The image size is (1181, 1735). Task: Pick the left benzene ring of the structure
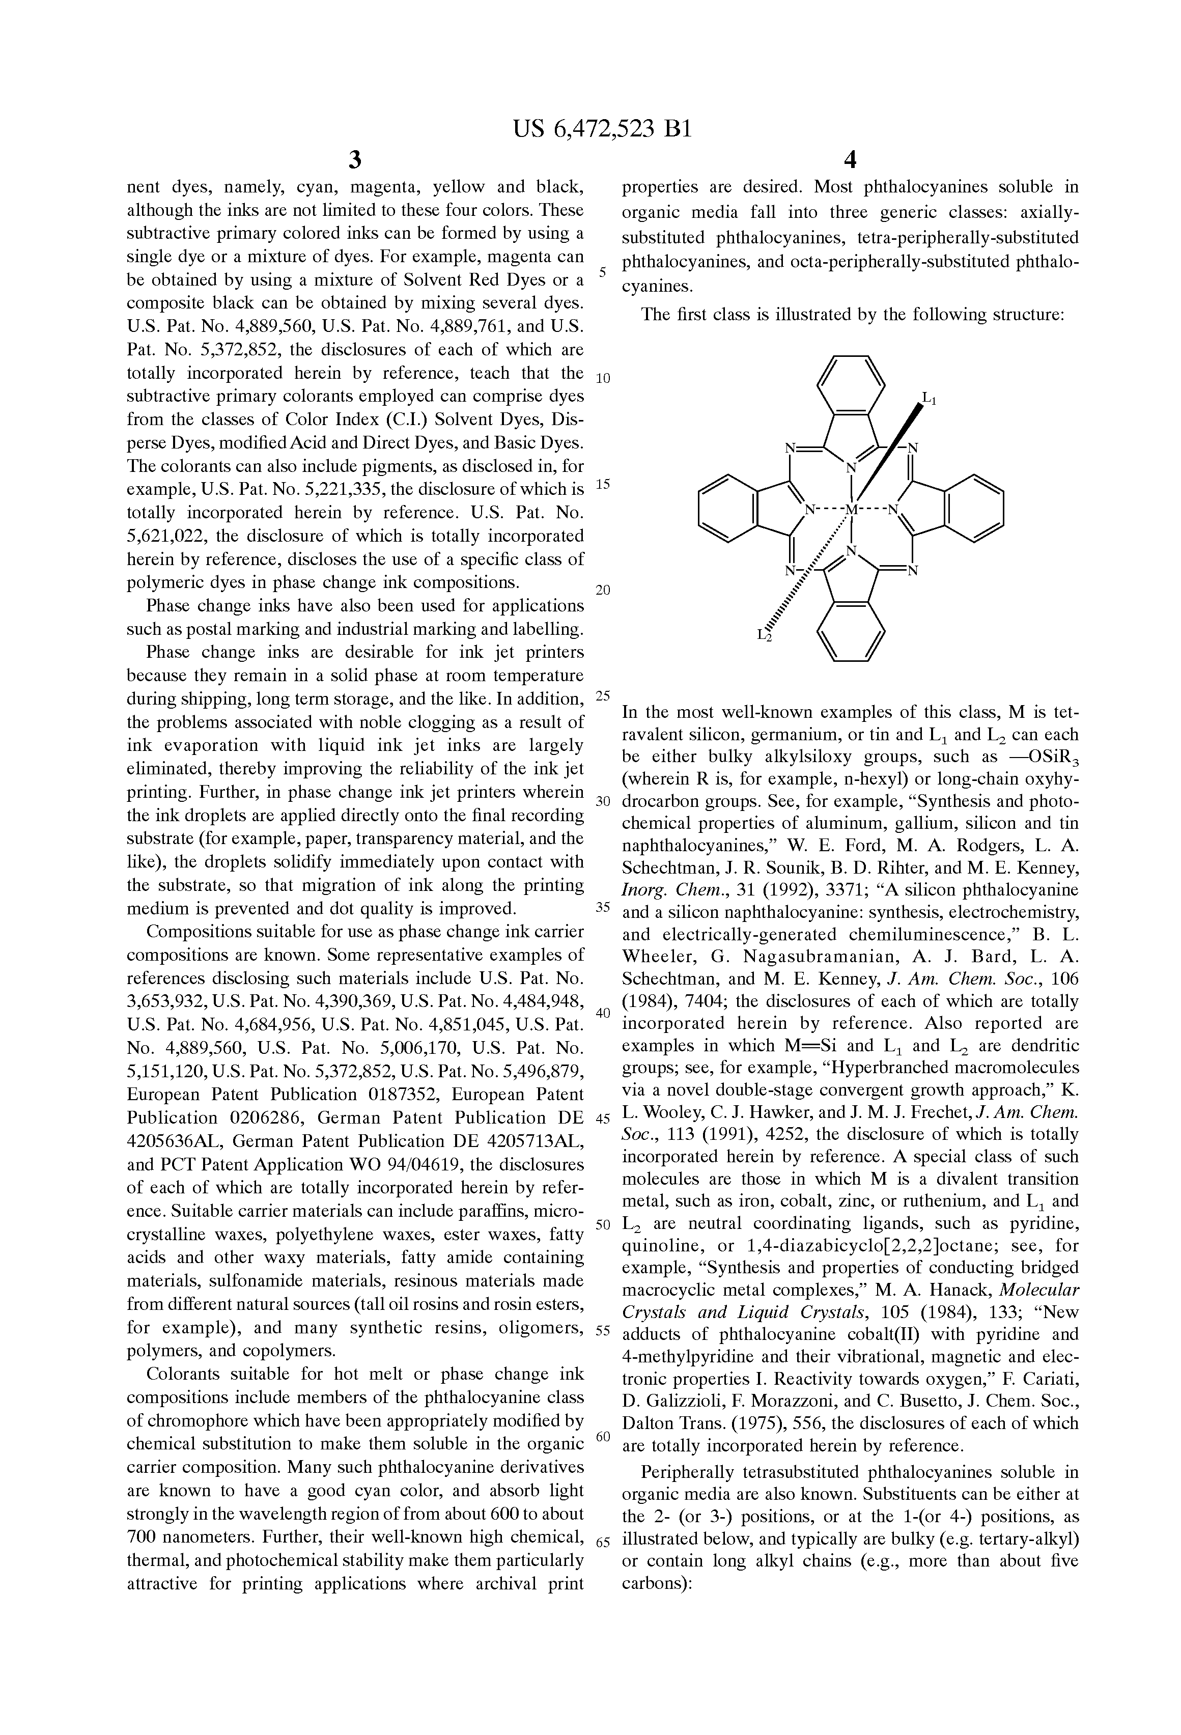[728, 510]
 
